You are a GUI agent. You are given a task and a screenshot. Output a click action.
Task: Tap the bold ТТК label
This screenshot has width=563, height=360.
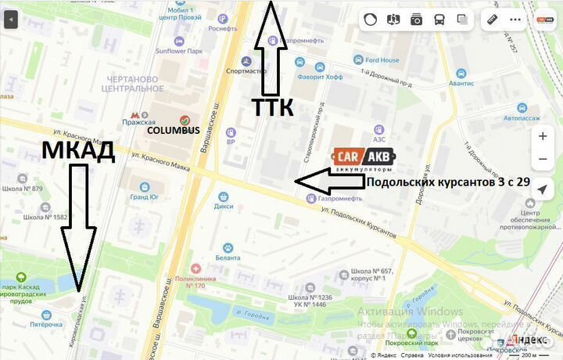272,108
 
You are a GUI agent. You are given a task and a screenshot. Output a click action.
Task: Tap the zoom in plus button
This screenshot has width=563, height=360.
543,136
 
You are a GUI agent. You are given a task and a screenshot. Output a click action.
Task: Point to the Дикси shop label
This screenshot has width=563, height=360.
224,207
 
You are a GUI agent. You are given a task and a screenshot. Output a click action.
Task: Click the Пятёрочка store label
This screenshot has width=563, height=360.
45,324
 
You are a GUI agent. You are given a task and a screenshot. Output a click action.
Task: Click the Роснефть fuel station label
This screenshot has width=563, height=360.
223,29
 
